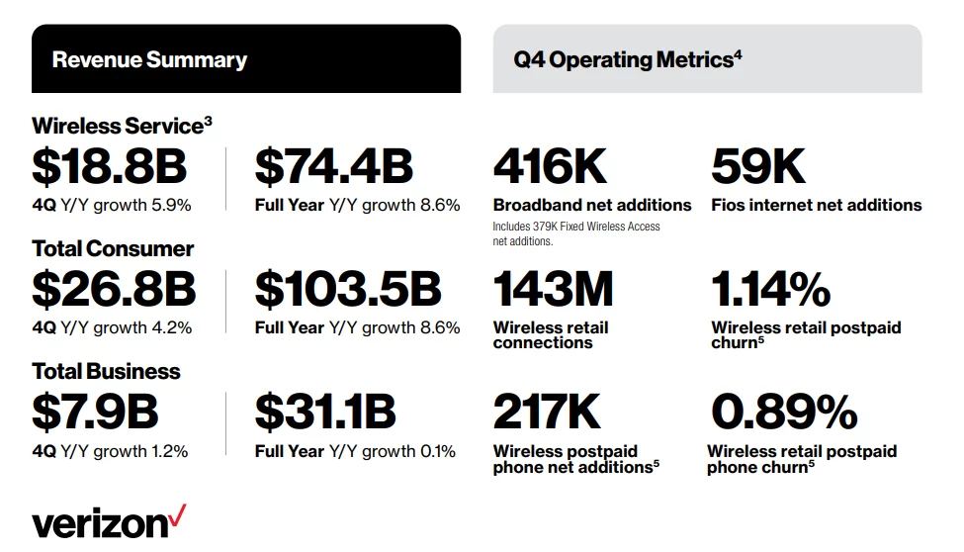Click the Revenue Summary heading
click(149, 59)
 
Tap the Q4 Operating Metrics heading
click(627, 59)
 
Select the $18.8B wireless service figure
click(109, 167)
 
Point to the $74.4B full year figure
click(333, 167)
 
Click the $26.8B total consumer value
click(114, 289)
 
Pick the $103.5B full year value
click(347, 289)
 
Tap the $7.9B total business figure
click(95, 413)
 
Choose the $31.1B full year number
click(325, 413)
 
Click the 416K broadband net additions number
click(550, 167)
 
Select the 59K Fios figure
click(758, 167)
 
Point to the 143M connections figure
click(553, 289)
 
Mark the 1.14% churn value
click(770, 289)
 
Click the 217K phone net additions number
click(547, 413)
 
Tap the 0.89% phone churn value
click(783, 413)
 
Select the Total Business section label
click(106, 372)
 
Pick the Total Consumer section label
click(113, 248)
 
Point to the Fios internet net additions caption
click(816, 205)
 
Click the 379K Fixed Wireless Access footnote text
click(576, 233)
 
